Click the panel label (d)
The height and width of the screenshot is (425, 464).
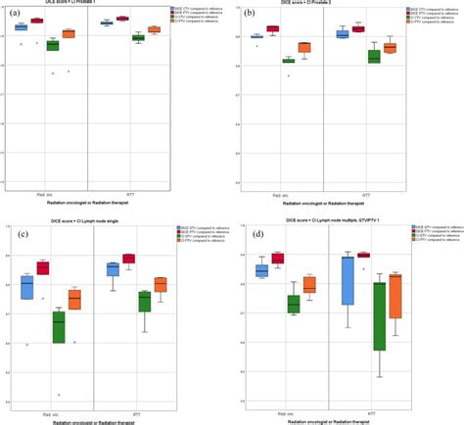[x=251, y=235]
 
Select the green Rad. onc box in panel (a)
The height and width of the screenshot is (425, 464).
[x=53, y=45]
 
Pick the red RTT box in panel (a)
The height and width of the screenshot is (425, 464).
[x=122, y=19]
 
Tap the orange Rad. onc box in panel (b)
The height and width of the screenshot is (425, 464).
[x=304, y=47]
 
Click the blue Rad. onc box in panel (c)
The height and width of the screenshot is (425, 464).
[x=27, y=287]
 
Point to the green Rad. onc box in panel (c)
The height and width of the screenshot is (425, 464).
[x=58, y=327]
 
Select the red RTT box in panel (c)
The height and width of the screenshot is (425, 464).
[x=128, y=259]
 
